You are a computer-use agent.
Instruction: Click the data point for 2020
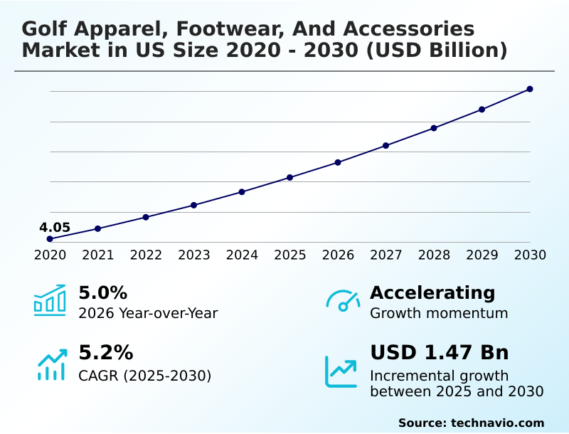(50, 239)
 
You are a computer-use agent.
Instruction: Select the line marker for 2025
(290, 177)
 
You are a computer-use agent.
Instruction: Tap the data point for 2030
(530, 89)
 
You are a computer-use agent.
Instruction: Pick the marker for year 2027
(386, 145)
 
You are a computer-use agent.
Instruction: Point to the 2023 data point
(194, 205)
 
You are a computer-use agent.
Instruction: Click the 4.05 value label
(55, 228)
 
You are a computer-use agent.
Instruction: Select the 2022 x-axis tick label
(146, 255)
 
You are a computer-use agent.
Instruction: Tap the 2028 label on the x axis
(434, 255)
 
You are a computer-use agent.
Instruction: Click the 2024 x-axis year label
(242, 255)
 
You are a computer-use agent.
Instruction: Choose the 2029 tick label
(482, 255)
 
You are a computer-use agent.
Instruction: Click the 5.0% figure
(102, 293)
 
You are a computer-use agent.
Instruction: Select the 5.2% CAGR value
(105, 353)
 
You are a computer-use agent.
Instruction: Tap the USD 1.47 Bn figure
(440, 353)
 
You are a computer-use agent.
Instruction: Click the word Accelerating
(432, 293)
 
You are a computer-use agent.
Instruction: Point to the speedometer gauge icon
(343, 301)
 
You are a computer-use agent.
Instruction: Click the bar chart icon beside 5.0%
(50, 300)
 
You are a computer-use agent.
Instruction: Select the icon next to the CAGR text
(51, 364)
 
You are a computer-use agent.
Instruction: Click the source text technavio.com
(497, 423)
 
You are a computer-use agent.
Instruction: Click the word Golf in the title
(44, 29)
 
